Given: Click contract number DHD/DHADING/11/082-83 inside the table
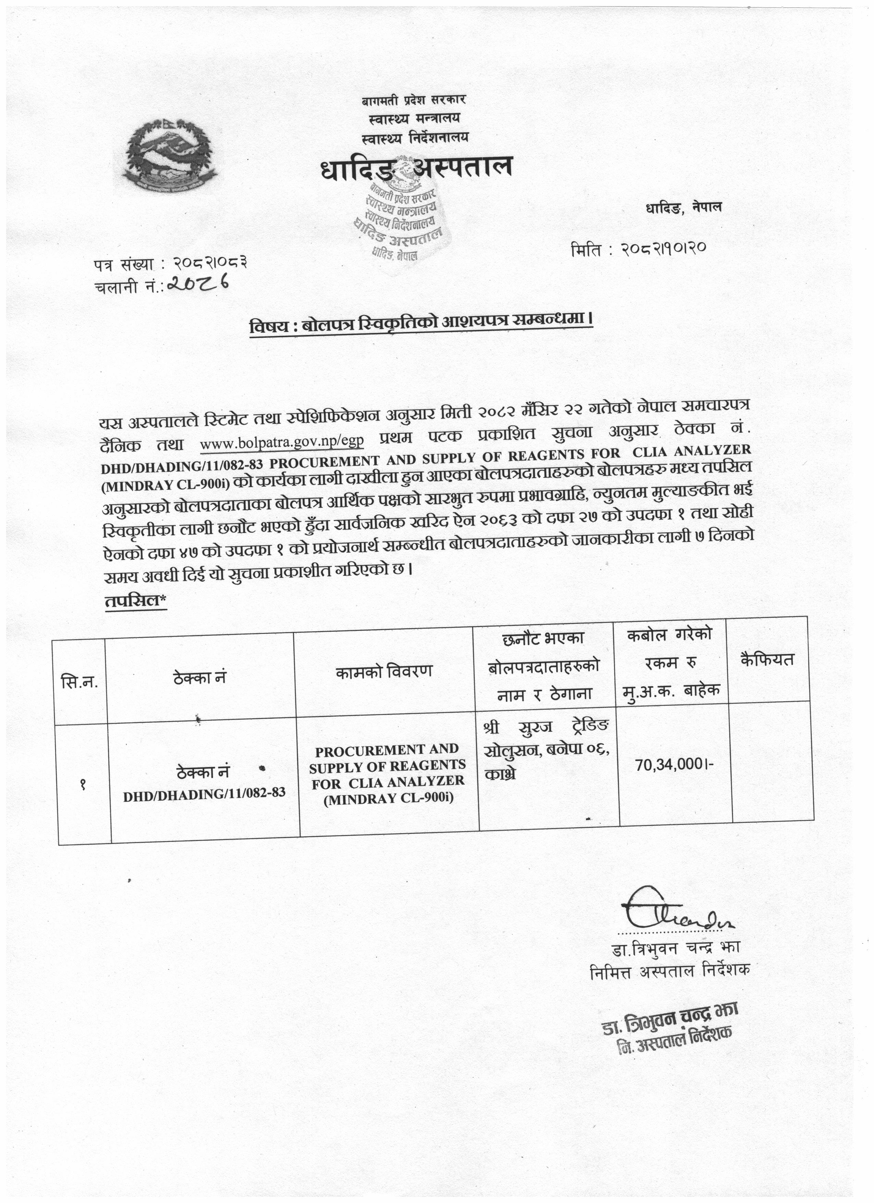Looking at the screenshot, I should point(204,793).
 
